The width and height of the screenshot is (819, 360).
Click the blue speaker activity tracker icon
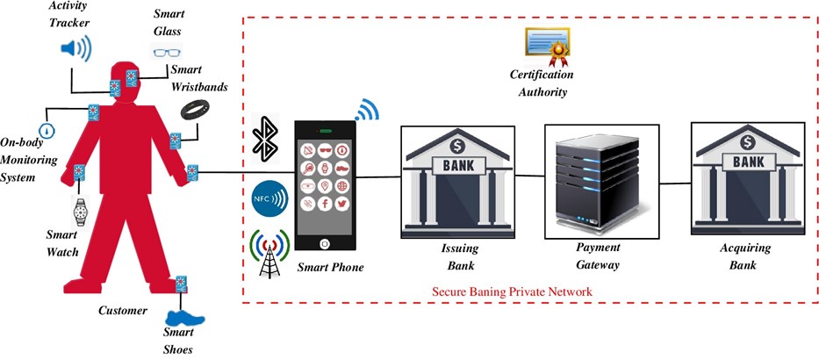pyautogui.click(x=75, y=48)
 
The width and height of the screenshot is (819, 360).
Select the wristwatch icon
pyautogui.click(x=81, y=211)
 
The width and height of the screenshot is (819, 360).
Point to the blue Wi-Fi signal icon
pyautogui.click(x=366, y=111)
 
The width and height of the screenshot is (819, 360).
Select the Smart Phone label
pyautogui.click(x=329, y=267)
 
